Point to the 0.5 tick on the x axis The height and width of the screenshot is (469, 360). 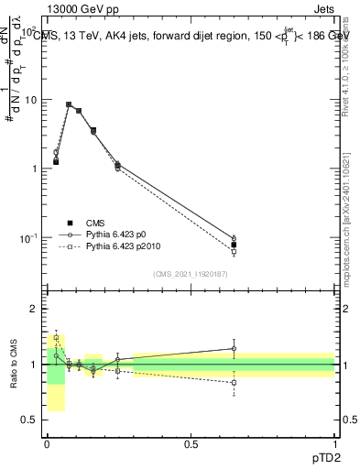pyautogui.click(x=191, y=443)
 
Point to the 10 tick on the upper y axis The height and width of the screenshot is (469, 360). pyautogui.click(x=35, y=100)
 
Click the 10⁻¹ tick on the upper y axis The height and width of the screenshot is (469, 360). pyautogui.click(x=33, y=238)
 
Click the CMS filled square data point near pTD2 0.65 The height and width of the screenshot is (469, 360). pyautogui.click(x=234, y=245)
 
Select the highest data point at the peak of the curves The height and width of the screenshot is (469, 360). pyautogui.click(x=69, y=104)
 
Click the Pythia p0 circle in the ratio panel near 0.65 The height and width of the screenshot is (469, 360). pyautogui.click(x=234, y=348)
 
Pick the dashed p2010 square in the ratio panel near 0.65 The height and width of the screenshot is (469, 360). pyautogui.click(x=234, y=383)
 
